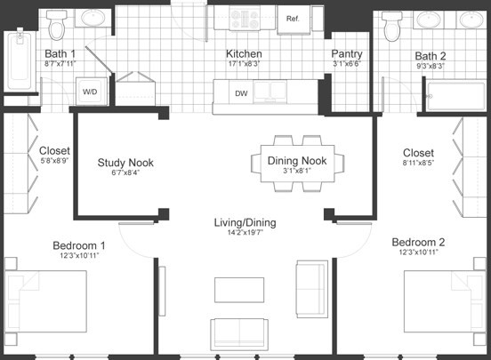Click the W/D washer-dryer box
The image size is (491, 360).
[91, 92]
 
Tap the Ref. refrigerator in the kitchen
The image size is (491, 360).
[292, 18]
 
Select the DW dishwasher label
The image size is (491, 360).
[242, 92]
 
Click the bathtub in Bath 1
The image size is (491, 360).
[18, 60]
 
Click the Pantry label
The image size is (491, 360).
[347, 53]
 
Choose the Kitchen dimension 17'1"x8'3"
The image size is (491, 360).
[243, 64]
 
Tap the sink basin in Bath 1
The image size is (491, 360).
[93, 17]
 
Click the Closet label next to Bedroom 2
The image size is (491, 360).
[417, 153]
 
